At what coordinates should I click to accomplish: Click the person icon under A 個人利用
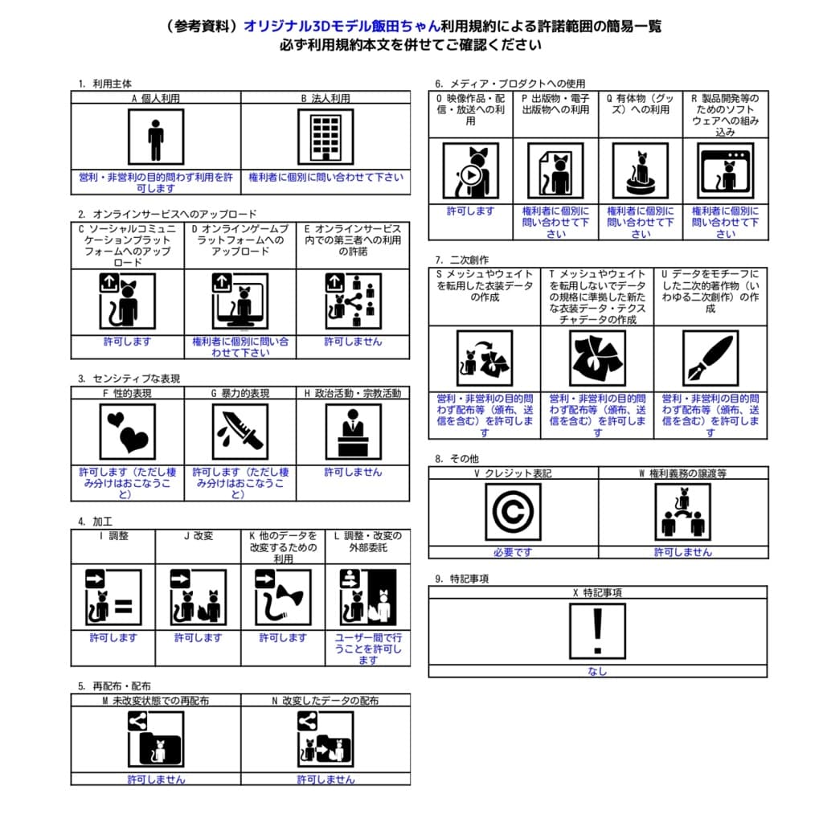156,137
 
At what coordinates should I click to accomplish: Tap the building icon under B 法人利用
326,137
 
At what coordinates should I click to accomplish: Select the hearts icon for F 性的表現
128,432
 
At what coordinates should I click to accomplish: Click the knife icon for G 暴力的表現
240,432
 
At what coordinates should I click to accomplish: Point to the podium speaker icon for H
353,432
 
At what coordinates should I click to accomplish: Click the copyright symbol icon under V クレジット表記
513,512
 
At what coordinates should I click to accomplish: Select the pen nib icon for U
710,358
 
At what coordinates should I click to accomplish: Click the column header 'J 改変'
198,536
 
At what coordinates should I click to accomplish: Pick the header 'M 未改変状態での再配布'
156,700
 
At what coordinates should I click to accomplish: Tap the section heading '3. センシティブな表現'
129,379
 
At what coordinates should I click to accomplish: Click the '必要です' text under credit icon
513,552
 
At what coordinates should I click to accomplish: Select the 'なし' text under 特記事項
597,672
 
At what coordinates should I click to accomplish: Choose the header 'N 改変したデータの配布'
326,700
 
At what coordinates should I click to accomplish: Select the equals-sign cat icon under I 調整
113,597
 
